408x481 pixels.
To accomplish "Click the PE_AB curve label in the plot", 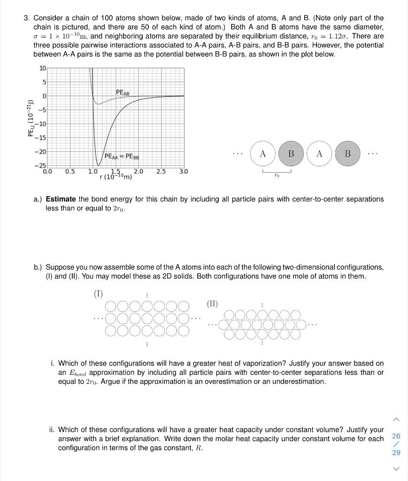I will (x=123, y=92).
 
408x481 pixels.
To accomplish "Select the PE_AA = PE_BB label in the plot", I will (x=122, y=156).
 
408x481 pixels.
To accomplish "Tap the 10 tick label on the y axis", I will (x=42, y=69).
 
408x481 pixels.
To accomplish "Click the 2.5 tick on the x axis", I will (x=161, y=171).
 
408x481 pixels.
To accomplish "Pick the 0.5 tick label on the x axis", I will (x=69, y=171).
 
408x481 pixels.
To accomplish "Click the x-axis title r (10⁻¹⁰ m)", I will (x=116, y=177).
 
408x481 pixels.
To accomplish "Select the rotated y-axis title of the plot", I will (x=31, y=118).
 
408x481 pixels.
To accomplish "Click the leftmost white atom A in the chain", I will (x=263, y=154).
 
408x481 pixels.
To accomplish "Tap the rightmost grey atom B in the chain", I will (x=347, y=154).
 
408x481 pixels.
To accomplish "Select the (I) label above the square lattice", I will (x=98, y=294).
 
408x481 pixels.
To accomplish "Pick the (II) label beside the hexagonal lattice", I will (x=212, y=303).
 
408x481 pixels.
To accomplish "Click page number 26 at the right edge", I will (x=396, y=436).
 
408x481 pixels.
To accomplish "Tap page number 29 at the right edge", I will (x=396, y=453).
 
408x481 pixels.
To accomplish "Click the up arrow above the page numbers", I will (x=396, y=419).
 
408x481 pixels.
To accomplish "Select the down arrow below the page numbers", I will (x=396, y=468).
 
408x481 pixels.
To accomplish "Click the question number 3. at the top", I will (x=27, y=18).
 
